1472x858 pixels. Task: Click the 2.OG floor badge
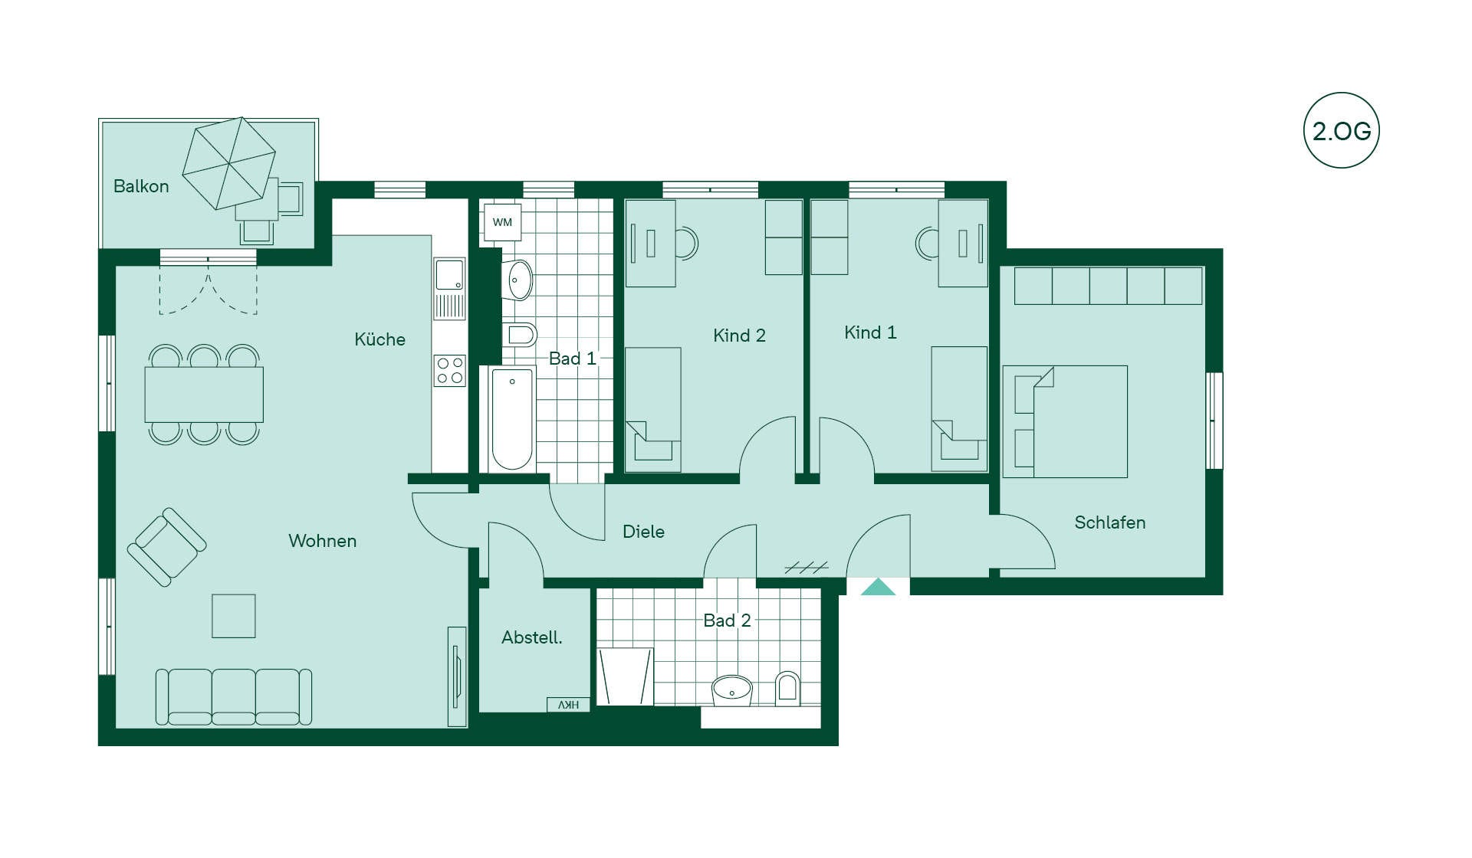1341,130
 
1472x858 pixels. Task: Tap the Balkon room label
141,186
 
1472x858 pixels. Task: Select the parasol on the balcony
228,163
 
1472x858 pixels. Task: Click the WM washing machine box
502,222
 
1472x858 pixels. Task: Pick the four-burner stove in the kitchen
450,371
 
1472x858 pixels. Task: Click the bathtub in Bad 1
512,419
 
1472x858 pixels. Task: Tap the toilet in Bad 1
521,335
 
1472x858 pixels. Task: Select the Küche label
379,339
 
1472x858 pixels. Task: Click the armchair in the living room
166,547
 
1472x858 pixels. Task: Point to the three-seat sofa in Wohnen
234,696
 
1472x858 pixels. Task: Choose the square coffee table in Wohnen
234,616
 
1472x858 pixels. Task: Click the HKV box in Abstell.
568,705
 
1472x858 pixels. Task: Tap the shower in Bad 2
625,676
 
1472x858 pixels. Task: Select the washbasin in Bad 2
732,690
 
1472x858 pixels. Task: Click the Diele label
643,532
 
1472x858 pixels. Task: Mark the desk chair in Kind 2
687,244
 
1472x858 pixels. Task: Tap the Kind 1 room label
870,332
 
